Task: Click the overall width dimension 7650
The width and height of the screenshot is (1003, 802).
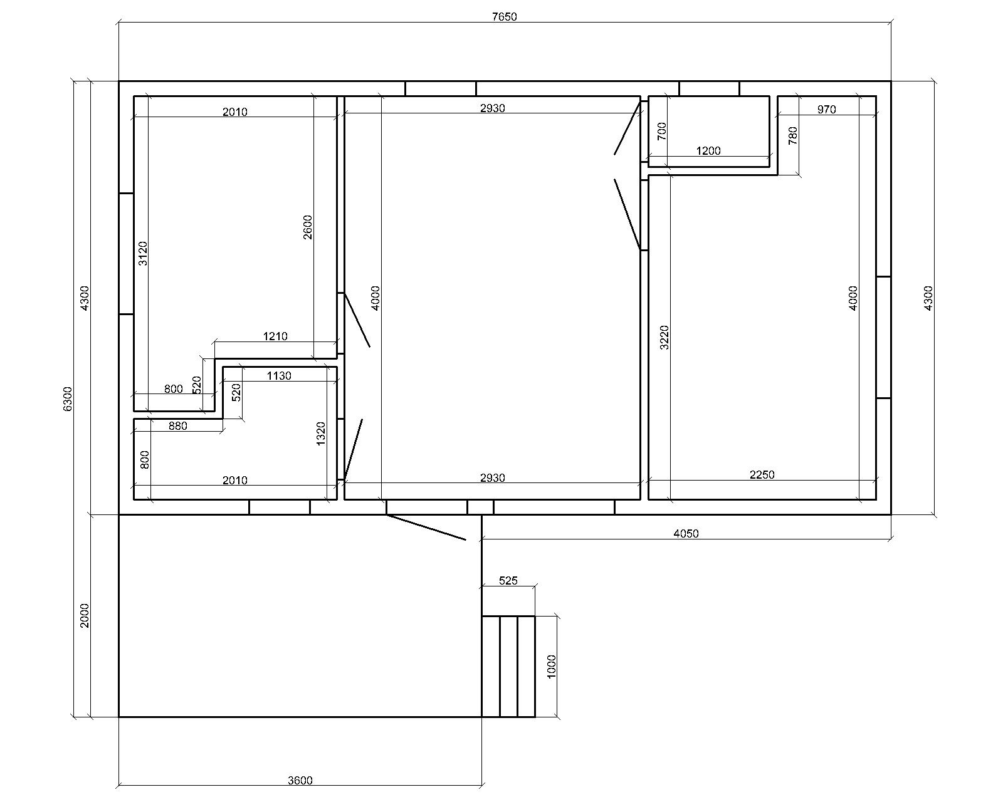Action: click(504, 17)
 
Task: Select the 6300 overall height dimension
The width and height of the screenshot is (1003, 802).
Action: click(68, 399)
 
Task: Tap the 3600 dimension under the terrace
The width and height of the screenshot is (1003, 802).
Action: click(300, 780)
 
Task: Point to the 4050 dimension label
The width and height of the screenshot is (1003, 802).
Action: click(686, 534)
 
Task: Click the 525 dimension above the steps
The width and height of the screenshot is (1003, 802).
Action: click(508, 581)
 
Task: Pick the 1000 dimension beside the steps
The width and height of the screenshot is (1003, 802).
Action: click(552, 667)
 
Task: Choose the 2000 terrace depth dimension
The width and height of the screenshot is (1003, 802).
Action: click(85, 615)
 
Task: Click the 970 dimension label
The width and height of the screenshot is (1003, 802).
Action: click(826, 110)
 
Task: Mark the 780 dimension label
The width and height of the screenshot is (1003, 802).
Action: click(793, 135)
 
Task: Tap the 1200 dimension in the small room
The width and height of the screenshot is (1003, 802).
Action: click(708, 150)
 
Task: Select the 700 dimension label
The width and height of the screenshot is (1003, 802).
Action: click(662, 131)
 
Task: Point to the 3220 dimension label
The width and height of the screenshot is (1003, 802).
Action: click(664, 337)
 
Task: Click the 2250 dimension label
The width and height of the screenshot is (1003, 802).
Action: click(762, 474)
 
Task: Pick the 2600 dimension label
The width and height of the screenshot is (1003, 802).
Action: click(308, 227)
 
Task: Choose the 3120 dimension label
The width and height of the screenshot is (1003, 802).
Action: click(143, 254)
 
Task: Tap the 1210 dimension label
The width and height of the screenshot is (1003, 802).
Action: click(275, 336)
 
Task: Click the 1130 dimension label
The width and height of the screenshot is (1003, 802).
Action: click(279, 375)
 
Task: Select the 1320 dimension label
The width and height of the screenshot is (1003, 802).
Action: click(321, 434)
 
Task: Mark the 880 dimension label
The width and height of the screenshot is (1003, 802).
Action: click(177, 426)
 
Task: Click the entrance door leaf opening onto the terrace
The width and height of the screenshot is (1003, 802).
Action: click(426, 528)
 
